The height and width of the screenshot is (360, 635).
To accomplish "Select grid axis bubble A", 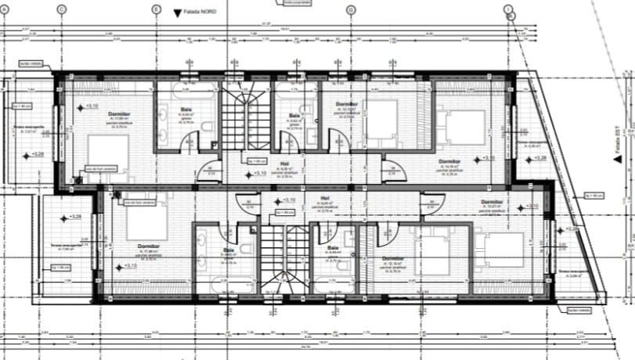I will coord(4,9).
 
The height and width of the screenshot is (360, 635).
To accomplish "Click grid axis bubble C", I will coord(61,9).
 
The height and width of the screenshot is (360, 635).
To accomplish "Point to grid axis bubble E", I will coord(157,9).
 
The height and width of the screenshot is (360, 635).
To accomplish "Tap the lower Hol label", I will coord(324,198).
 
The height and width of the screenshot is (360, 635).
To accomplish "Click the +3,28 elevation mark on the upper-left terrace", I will coord(37,155).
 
